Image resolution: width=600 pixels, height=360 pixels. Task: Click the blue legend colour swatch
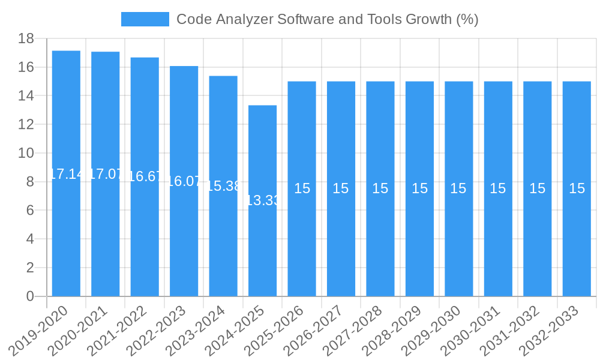(145, 19)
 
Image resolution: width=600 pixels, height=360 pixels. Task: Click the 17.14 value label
(66, 174)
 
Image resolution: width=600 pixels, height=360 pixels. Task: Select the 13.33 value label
(263, 200)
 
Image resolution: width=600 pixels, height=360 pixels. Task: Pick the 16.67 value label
(145, 176)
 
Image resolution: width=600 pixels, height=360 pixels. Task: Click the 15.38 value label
(223, 186)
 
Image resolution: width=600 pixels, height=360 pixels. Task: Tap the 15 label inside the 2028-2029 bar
(419, 188)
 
